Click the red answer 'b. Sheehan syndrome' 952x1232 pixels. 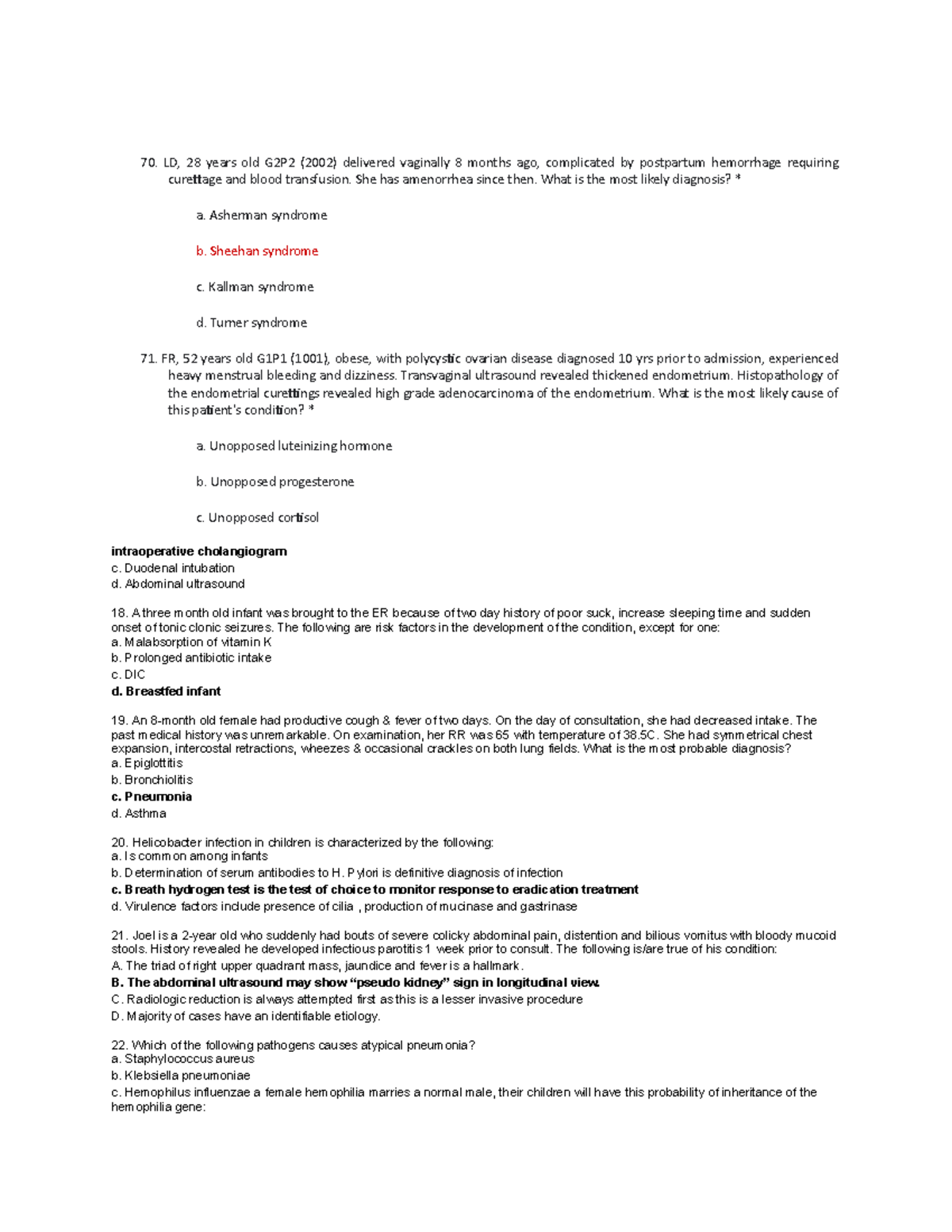point(256,251)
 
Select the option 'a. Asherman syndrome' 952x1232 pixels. point(261,215)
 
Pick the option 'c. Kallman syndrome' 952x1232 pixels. point(255,286)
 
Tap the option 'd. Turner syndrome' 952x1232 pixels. point(251,322)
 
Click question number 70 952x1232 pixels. point(148,163)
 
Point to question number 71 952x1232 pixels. point(148,359)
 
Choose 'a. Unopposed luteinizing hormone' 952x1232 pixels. point(294,446)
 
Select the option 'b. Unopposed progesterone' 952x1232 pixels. point(274,482)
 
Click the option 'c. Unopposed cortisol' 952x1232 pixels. point(257,517)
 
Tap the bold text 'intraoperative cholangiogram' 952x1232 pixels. point(199,551)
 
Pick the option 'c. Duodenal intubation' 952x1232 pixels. point(173,568)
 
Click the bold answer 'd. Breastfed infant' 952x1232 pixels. point(166,691)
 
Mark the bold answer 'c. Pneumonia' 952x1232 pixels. point(152,796)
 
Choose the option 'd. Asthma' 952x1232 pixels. point(139,813)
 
